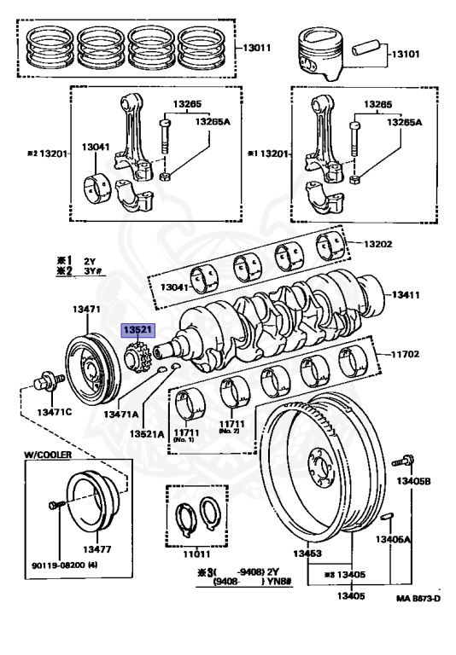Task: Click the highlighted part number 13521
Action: pyautogui.click(x=137, y=330)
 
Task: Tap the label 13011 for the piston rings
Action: pyautogui.click(x=257, y=48)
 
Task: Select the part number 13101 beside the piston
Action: pyautogui.click(x=406, y=54)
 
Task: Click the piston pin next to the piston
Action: pyautogui.click(x=366, y=47)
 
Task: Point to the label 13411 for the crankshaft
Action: pyautogui.click(x=406, y=295)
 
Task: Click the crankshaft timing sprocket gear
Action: pyautogui.click(x=137, y=356)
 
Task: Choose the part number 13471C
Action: pyautogui.click(x=55, y=412)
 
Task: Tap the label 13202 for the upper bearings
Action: pyautogui.click(x=378, y=244)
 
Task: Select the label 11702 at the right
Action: pyautogui.click(x=405, y=355)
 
